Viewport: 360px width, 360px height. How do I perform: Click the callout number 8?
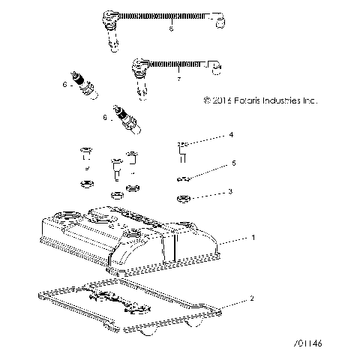coord(171,28)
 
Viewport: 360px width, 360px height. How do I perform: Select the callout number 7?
coord(178,79)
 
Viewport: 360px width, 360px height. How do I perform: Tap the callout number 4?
coord(232,135)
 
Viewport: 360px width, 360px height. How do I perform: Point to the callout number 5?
coord(233,163)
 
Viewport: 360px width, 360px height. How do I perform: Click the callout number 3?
coord(231,192)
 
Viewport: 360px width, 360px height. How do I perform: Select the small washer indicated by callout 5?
coord(181,178)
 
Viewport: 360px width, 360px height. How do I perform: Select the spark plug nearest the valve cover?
coord(124,121)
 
